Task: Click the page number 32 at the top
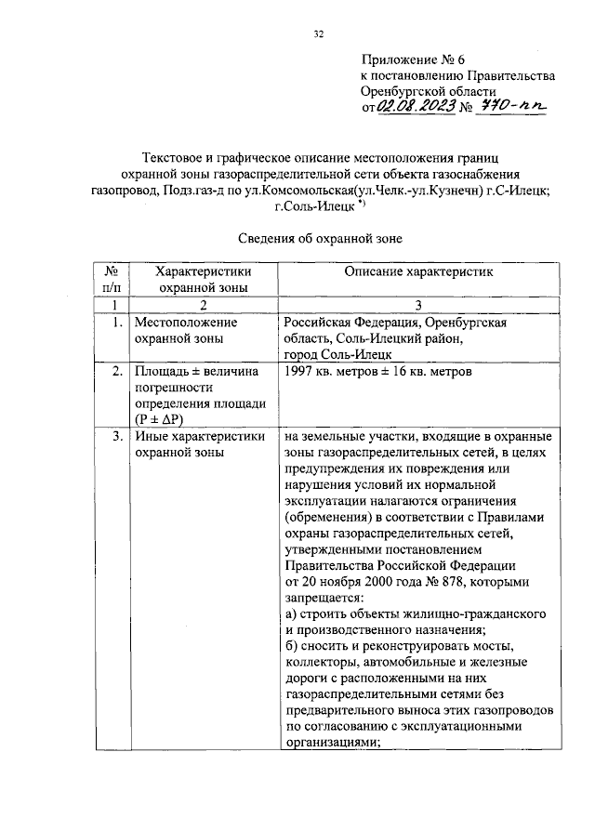pos(318,34)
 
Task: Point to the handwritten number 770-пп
pos(512,108)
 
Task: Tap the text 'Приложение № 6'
pos(407,59)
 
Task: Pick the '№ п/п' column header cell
pos(112,279)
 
